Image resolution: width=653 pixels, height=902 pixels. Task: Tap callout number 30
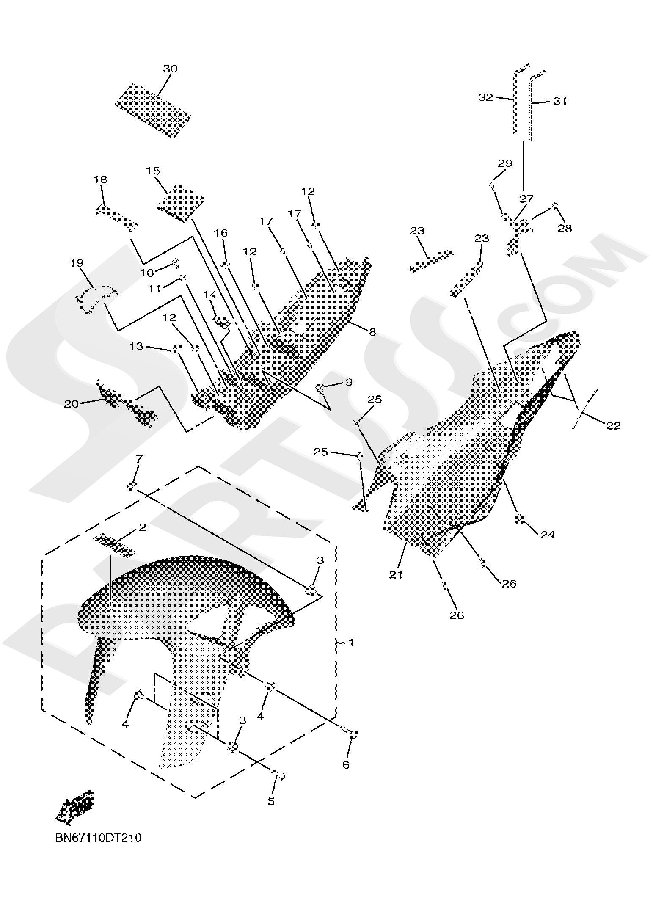click(170, 69)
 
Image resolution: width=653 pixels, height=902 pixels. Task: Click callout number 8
click(372, 332)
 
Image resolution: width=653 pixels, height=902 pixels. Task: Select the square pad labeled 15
click(180, 202)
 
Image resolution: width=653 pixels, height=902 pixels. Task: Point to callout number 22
click(613, 425)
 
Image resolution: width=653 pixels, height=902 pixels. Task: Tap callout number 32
click(486, 97)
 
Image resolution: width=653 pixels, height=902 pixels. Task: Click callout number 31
click(559, 101)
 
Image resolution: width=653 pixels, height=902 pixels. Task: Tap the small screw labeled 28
click(556, 206)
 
